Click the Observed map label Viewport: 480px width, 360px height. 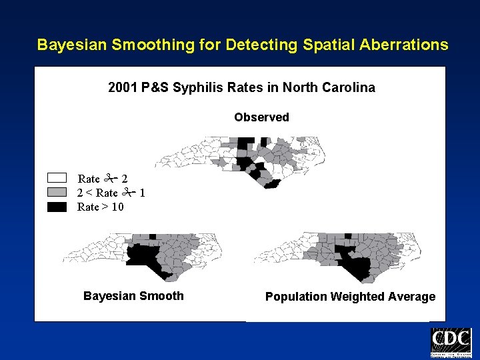point(261,117)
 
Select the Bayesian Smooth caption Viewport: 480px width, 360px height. point(133,296)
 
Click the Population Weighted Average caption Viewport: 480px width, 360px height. point(350,297)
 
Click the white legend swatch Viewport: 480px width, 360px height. point(57,178)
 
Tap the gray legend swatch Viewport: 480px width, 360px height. point(57,192)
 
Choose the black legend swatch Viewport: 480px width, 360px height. point(57,207)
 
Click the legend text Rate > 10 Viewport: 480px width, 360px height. point(101,207)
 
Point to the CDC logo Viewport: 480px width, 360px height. point(451,343)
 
